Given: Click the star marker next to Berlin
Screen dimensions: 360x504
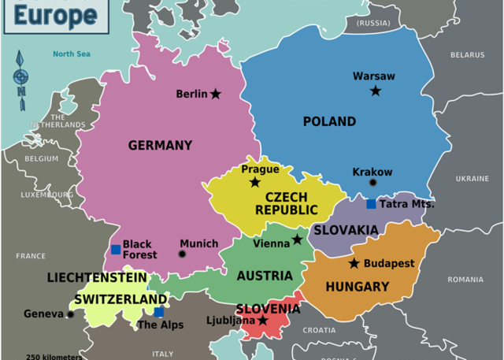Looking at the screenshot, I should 216,94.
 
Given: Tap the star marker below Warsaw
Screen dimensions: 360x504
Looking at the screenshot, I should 376,91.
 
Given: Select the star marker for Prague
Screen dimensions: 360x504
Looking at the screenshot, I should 254,183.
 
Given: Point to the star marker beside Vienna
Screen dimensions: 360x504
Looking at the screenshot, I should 297,239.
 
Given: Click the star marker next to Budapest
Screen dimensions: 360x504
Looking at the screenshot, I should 354,263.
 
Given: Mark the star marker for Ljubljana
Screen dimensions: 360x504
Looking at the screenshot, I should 263,321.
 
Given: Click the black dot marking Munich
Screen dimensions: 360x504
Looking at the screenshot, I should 183,254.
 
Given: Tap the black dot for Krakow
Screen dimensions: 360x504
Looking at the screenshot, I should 373,183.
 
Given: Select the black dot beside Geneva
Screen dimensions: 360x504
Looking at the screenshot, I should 70,314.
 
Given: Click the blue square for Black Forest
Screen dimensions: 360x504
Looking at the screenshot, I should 116,250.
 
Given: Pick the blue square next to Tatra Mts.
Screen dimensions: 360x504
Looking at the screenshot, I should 371,204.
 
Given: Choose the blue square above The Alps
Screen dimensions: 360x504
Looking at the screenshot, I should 159,312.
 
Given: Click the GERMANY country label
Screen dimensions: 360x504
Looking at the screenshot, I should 160,145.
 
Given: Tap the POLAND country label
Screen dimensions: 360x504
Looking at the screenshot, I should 329,121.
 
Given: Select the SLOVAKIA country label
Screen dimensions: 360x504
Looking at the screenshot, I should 346,230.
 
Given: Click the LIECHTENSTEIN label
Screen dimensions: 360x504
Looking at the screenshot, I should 97,278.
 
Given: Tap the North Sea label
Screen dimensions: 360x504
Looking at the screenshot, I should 72,54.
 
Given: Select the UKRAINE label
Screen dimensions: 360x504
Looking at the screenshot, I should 472,179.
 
